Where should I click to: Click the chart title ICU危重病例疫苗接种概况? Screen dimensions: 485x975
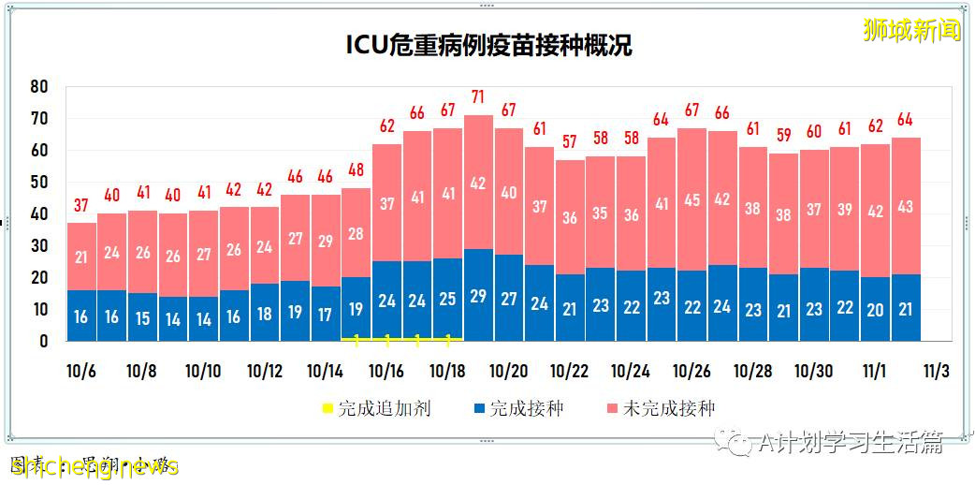488,45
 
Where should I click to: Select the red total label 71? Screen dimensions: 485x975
478,96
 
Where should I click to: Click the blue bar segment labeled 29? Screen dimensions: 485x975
478,295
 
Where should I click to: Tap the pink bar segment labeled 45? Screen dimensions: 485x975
692,199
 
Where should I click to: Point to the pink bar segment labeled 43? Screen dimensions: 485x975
906,206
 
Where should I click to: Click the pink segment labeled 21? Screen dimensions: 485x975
81,257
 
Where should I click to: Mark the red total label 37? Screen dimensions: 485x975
81,205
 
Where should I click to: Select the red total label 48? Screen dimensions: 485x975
356,170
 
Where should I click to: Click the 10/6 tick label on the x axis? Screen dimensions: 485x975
81,371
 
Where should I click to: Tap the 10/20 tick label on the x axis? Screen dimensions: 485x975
508,371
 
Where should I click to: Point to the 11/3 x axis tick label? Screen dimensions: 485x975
936,371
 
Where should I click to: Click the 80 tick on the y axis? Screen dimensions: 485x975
39,86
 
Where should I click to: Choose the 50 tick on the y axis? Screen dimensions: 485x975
39,182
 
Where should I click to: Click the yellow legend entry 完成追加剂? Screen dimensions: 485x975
375,408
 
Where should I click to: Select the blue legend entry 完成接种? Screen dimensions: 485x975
518,408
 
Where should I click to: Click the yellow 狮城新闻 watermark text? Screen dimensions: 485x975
911,30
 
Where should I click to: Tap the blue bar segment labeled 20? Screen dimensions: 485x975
875,310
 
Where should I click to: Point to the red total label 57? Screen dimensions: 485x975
570,141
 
